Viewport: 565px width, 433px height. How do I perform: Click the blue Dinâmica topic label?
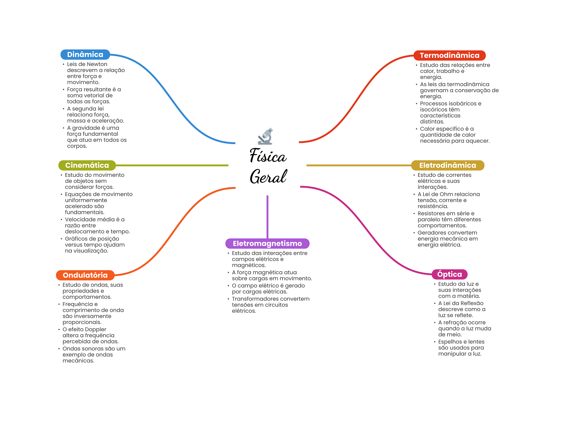tap(85, 55)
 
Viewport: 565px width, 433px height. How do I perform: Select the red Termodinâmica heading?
tap(449, 55)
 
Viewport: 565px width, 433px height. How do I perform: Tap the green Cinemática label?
tap(87, 165)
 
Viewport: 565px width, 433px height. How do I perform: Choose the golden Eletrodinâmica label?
tap(447, 165)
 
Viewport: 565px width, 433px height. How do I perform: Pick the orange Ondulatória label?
tap(85, 275)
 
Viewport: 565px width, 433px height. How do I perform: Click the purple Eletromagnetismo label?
tap(267, 243)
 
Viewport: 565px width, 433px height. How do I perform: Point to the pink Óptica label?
tap(449, 274)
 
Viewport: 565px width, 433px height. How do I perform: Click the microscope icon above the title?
tap(265, 136)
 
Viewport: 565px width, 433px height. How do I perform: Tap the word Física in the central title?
tap(268, 155)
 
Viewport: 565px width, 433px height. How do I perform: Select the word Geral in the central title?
tap(268, 176)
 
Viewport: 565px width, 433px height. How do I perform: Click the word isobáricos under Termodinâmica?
tap(462, 103)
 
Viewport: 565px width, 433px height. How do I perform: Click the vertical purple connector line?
tap(267, 217)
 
